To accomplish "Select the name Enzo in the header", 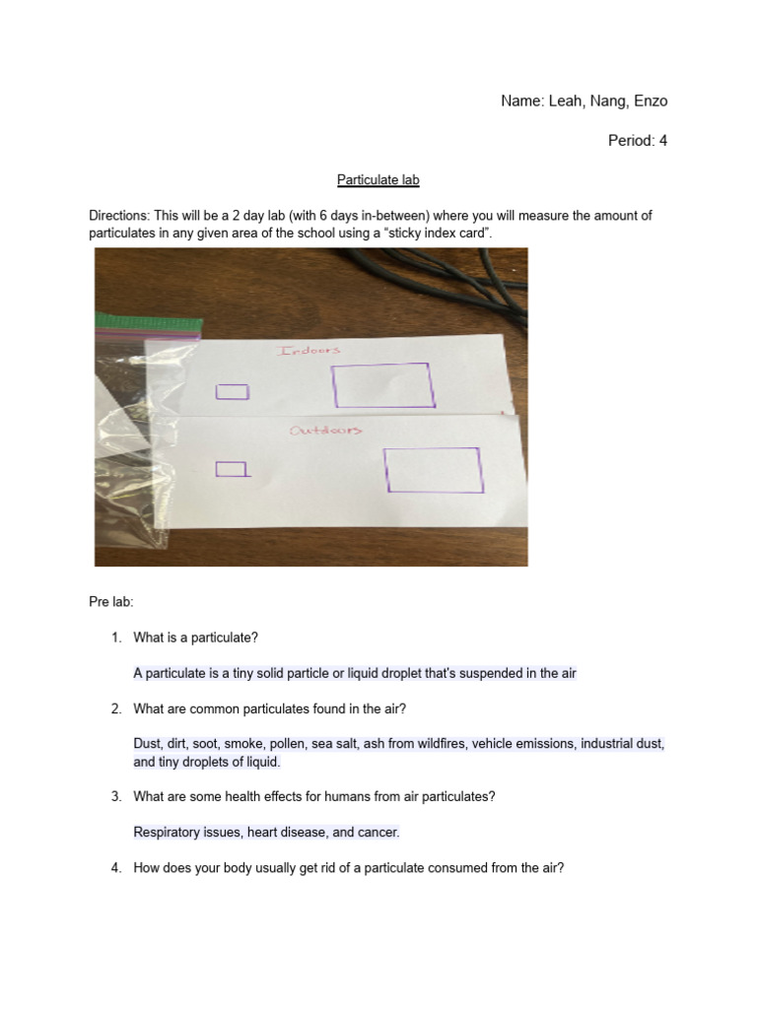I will click(x=650, y=101).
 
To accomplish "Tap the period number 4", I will click(x=662, y=141).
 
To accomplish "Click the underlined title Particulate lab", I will click(x=378, y=179).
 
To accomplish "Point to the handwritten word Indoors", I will click(x=309, y=351).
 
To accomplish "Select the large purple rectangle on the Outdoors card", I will click(x=434, y=470).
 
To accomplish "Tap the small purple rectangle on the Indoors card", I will click(x=232, y=392).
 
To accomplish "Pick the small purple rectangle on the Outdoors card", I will click(x=232, y=469).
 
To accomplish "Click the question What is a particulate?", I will click(x=195, y=638).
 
